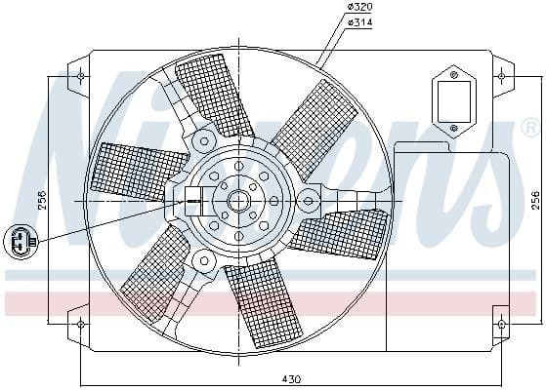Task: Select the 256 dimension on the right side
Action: pyautogui.click(x=533, y=200)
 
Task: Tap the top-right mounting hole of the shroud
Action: pyautogui.click(x=501, y=74)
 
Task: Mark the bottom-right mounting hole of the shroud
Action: pyautogui.click(x=501, y=323)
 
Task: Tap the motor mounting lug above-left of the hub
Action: pyautogui.click(x=203, y=140)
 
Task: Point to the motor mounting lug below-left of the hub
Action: pyautogui.click(x=203, y=260)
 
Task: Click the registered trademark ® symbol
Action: pyautogui.click(x=528, y=128)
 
